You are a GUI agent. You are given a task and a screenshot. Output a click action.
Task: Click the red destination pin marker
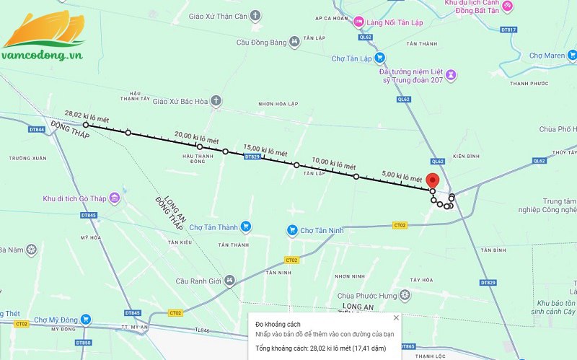click(x=432, y=180)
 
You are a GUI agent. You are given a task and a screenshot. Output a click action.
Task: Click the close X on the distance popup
click(x=395, y=317)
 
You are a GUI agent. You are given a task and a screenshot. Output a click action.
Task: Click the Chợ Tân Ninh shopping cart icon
click(x=291, y=230)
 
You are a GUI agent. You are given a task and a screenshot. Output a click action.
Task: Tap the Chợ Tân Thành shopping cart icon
click(x=245, y=227)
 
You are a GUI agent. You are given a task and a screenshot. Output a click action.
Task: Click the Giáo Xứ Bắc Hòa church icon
click(x=215, y=102)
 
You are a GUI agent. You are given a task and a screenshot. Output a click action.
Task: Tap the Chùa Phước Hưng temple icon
click(x=405, y=294)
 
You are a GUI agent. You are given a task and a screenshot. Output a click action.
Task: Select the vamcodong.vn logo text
click(x=43, y=55)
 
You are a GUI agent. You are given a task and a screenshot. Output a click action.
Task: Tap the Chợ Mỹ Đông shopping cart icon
click(x=86, y=319)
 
